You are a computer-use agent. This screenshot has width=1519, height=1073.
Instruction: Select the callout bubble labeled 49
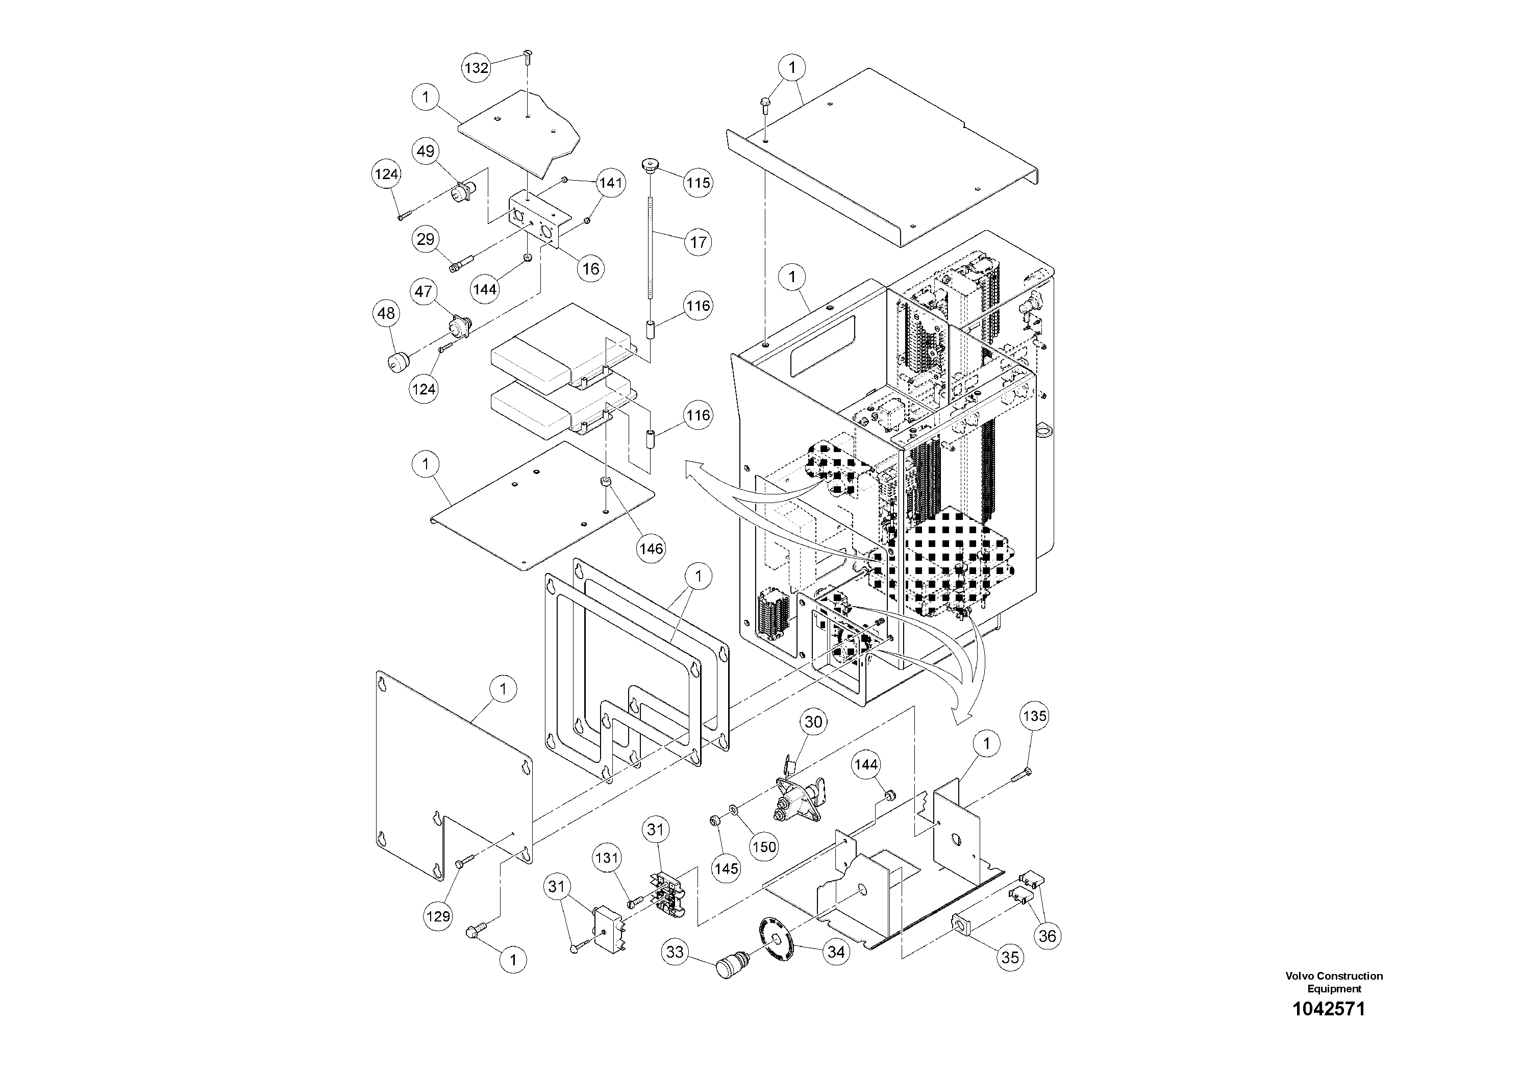(x=426, y=151)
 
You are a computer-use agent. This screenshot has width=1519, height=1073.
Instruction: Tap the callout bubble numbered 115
(x=698, y=183)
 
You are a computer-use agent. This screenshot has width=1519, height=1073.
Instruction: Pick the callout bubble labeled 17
(x=699, y=242)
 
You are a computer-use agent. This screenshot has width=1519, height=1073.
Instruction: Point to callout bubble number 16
(x=590, y=268)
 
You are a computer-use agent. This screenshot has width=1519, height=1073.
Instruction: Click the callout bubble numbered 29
(x=426, y=239)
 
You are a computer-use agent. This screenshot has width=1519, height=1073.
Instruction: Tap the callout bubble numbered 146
(x=651, y=548)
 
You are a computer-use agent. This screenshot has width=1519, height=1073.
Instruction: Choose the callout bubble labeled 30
(x=813, y=722)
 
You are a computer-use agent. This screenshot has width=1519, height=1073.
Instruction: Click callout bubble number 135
(x=1035, y=716)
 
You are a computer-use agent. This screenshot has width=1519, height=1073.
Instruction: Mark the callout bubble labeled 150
(x=764, y=847)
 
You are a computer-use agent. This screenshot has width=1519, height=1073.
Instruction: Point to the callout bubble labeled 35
(x=1010, y=957)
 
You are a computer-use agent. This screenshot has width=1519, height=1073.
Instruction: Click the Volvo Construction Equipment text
(x=1334, y=982)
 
